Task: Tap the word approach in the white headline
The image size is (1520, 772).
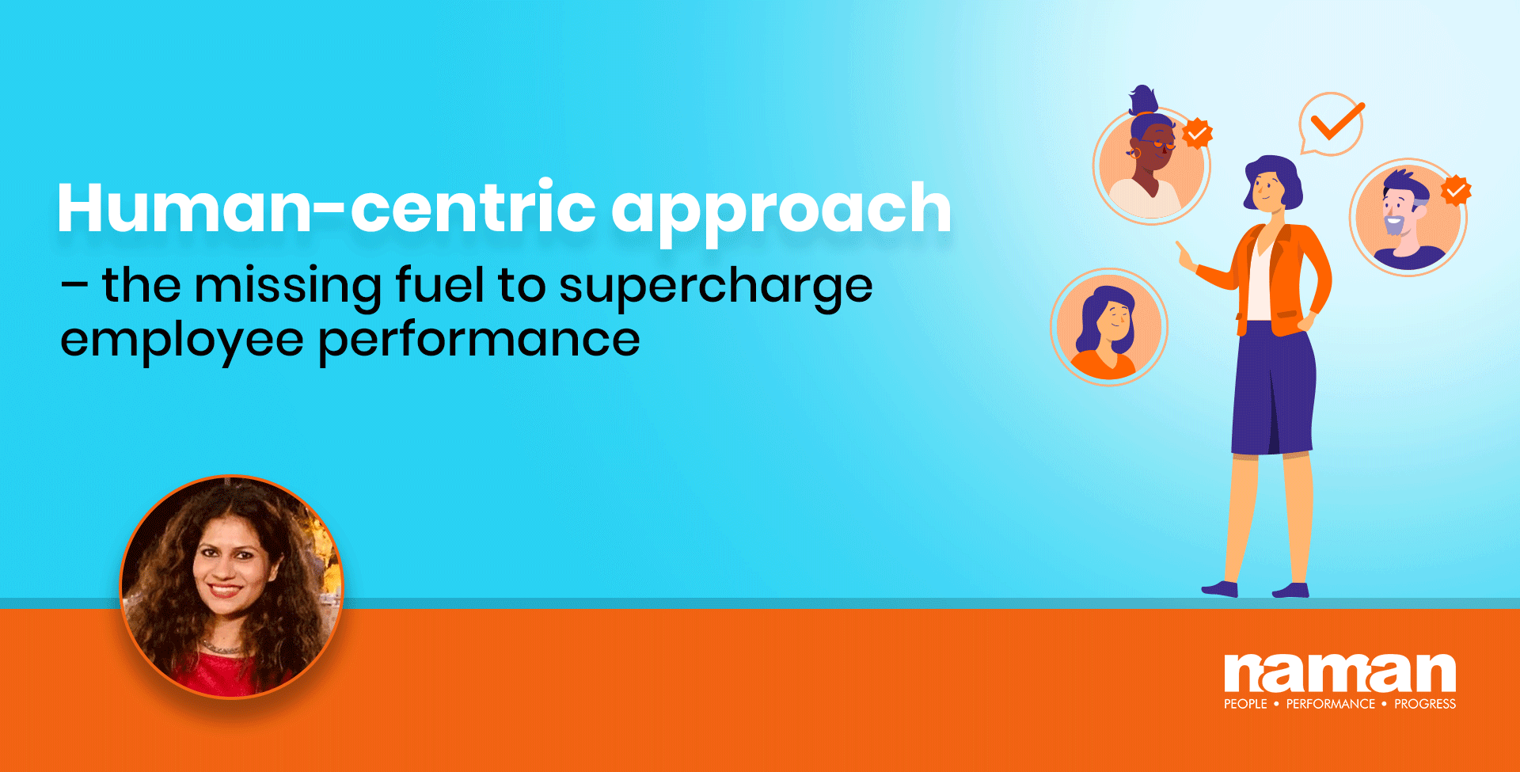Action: pyautogui.click(x=781, y=212)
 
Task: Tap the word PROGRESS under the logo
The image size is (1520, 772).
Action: pyautogui.click(x=1425, y=704)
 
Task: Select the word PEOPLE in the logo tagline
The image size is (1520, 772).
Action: pyautogui.click(x=1245, y=704)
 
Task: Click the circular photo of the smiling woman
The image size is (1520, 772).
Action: pyautogui.click(x=231, y=587)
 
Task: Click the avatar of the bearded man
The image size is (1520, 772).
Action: pyautogui.click(x=1408, y=218)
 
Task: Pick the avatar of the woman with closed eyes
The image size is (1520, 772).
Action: pyautogui.click(x=1108, y=327)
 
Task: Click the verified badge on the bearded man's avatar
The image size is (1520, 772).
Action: pyautogui.click(x=1455, y=191)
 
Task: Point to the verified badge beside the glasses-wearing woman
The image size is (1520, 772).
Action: pyautogui.click(x=1197, y=133)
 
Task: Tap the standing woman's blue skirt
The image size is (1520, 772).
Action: pyautogui.click(x=1272, y=388)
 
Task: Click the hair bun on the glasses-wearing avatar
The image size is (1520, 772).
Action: pyautogui.click(x=1142, y=101)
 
